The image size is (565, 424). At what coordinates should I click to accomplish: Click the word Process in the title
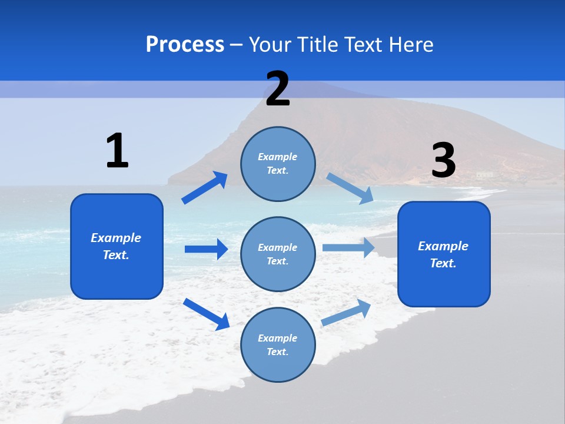[185, 45]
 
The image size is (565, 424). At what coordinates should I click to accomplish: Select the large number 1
[117, 151]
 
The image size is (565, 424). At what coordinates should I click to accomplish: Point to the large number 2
[278, 89]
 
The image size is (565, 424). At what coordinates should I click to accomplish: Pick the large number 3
[443, 161]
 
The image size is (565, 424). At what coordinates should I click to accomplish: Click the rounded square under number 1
[117, 246]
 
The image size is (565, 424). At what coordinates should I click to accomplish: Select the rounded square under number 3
[444, 254]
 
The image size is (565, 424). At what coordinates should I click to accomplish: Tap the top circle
[278, 164]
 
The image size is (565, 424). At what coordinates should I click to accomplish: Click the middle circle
[278, 254]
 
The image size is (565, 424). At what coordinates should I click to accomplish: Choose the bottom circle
[278, 344]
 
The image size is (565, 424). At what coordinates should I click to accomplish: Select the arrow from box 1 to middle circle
[206, 249]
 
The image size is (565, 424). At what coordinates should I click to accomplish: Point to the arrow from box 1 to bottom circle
[206, 314]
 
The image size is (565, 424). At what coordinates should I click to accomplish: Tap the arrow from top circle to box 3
[350, 188]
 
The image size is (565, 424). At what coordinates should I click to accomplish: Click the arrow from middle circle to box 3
[348, 247]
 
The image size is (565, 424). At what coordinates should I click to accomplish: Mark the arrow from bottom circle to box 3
[347, 312]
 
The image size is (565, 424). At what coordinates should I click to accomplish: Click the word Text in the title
[364, 45]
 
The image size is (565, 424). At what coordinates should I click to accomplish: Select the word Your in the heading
[270, 45]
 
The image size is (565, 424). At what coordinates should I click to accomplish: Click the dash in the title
[237, 45]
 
